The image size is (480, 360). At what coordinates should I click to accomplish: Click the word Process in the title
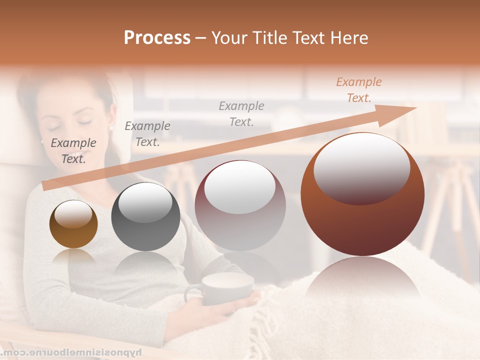157,38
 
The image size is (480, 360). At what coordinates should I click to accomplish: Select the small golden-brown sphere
73,224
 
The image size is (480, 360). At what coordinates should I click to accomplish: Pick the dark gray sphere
145,217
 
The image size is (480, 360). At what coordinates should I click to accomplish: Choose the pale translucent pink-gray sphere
240,205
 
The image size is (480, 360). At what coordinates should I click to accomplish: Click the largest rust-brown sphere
362,194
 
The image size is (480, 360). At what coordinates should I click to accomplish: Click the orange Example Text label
358,90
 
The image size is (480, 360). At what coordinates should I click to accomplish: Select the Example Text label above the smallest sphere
73,151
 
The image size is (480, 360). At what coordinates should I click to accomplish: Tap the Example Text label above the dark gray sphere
147,134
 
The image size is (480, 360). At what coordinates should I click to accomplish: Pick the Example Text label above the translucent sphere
241,113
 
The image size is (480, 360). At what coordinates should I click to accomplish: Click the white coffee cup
227,288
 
